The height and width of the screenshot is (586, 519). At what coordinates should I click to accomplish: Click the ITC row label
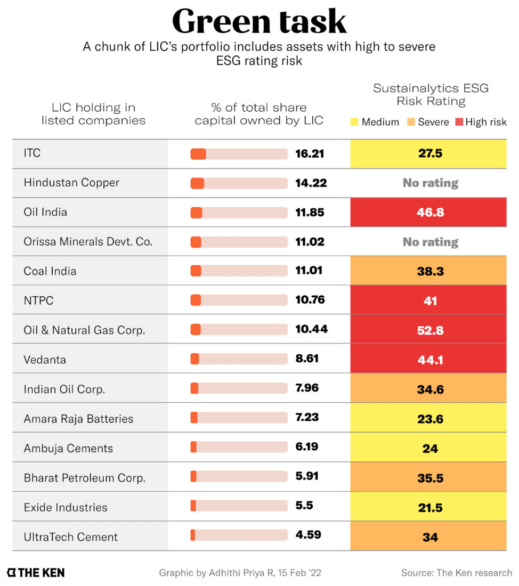click(33, 153)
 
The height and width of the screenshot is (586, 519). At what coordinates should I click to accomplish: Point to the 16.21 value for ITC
click(310, 153)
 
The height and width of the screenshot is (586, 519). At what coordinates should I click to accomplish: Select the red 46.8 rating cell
click(429, 212)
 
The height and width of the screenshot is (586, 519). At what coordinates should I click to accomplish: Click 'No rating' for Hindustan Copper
click(430, 183)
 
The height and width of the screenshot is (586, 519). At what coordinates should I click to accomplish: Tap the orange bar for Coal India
click(196, 271)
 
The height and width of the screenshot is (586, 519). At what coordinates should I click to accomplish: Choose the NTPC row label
click(38, 300)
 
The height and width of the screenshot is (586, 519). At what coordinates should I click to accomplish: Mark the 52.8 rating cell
click(429, 330)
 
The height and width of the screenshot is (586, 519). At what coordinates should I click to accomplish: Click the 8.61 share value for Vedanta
click(306, 359)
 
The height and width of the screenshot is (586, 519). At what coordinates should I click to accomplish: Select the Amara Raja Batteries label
click(78, 419)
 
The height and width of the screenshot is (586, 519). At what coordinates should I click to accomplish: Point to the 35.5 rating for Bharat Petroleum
click(429, 478)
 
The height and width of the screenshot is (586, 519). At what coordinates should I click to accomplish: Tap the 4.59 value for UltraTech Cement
click(308, 534)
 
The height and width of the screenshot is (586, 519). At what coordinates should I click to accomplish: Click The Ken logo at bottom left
click(36, 573)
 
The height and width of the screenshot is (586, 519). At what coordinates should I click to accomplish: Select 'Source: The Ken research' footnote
click(456, 573)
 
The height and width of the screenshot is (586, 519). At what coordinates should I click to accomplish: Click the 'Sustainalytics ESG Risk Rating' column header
click(431, 94)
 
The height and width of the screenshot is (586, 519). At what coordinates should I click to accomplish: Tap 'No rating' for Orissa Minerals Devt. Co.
click(430, 242)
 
